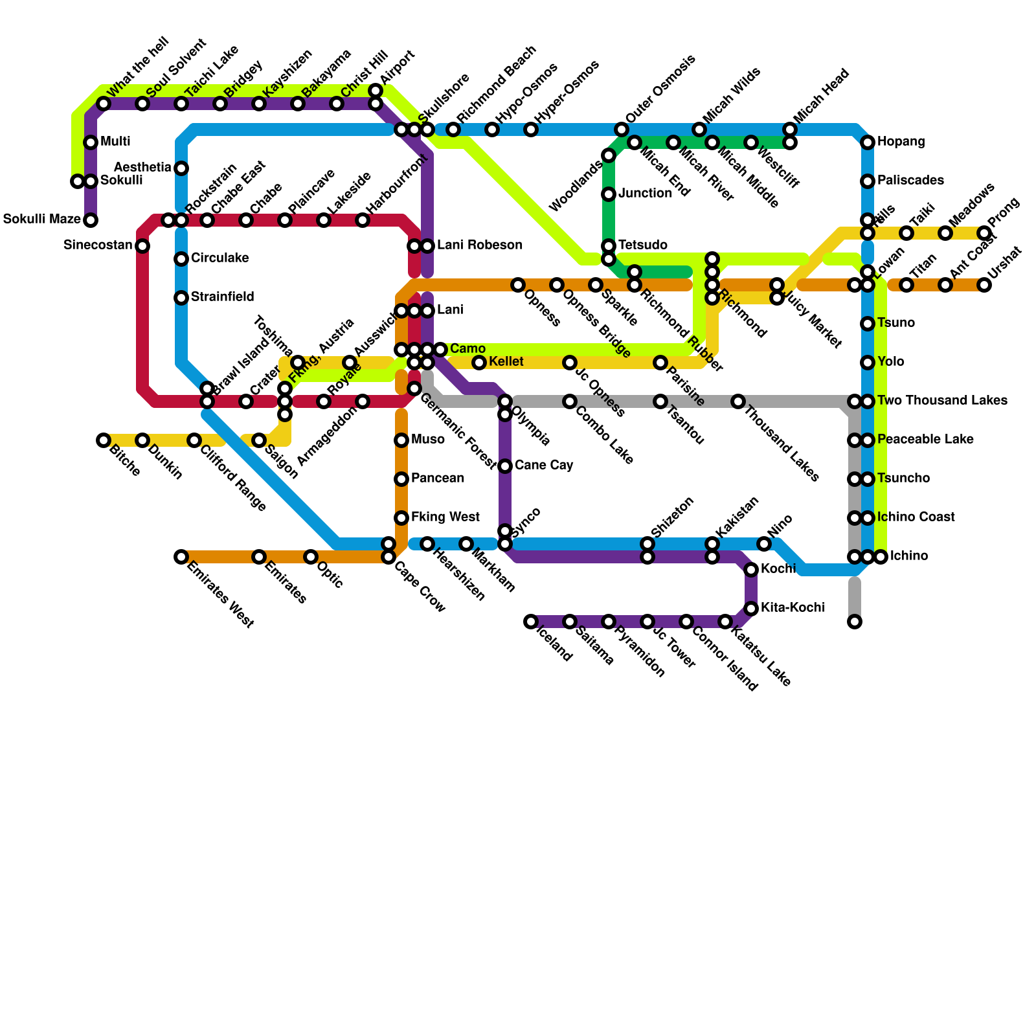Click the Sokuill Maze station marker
[x=91, y=220]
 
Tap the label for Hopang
[x=901, y=142]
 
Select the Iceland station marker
[x=531, y=622]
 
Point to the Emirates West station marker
[x=181, y=557]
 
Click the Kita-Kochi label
[x=793, y=608]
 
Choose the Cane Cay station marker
[x=505, y=466]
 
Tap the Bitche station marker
[x=104, y=440]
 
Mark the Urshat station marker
[x=984, y=285]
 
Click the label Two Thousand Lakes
[x=942, y=401]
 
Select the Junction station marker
[x=609, y=194]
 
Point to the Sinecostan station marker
[x=142, y=246]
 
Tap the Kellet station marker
[x=479, y=363]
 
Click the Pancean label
[x=438, y=479]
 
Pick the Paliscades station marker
[x=868, y=181]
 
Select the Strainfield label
[x=222, y=297]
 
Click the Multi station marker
[x=91, y=142]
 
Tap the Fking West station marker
[x=401, y=518]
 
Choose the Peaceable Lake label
[x=925, y=440]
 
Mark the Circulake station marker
[x=181, y=259]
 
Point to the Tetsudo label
[x=642, y=245]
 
